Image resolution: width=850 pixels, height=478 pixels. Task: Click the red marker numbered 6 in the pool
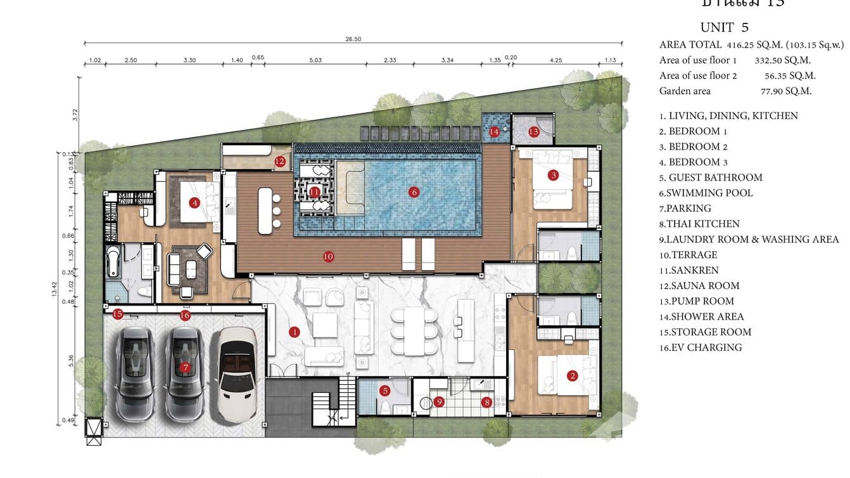pyautogui.click(x=414, y=192)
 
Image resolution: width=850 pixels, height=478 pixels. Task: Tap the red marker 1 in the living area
pyautogui.click(x=294, y=332)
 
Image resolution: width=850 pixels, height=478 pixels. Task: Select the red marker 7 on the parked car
pyautogui.click(x=185, y=367)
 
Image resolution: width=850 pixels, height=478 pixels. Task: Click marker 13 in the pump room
pyautogui.click(x=533, y=132)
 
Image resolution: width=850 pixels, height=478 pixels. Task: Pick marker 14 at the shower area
pyautogui.click(x=495, y=132)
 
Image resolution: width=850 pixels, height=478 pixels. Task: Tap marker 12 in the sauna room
pyautogui.click(x=280, y=162)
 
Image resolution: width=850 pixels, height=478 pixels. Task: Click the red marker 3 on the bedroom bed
pyautogui.click(x=553, y=175)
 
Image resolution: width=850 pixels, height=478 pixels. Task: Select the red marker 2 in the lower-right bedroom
pyautogui.click(x=573, y=376)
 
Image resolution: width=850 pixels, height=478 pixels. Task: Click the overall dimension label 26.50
pyautogui.click(x=353, y=39)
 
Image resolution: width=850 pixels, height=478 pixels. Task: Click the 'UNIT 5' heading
pyautogui.click(x=724, y=27)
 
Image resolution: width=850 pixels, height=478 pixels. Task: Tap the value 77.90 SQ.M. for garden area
pyautogui.click(x=786, y=91)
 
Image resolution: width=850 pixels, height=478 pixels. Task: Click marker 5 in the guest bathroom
pyautogui.click(x=384, y=391)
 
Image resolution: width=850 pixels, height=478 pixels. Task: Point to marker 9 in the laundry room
pyautogui.click(x=439, y=401)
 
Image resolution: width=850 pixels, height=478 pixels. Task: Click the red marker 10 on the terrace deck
pyautogui.click(x=328, y=257)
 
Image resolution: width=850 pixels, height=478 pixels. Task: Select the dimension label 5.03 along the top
pyautogui.click(x=315, y=60)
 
